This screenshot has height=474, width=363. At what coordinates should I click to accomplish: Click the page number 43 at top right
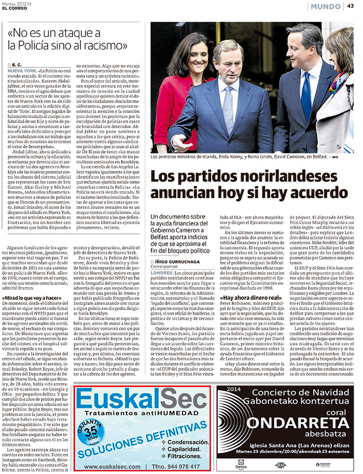point(351,6)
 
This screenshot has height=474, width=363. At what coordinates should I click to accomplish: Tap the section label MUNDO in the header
point(325,6)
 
